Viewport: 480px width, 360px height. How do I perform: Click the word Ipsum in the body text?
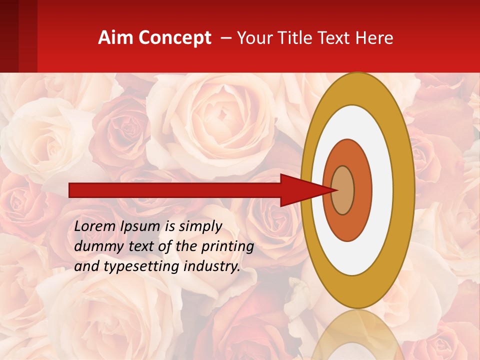[141, 226]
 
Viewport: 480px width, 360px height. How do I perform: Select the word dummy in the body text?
[95, 246]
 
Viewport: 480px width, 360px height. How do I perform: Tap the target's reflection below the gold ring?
[357, 335]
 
